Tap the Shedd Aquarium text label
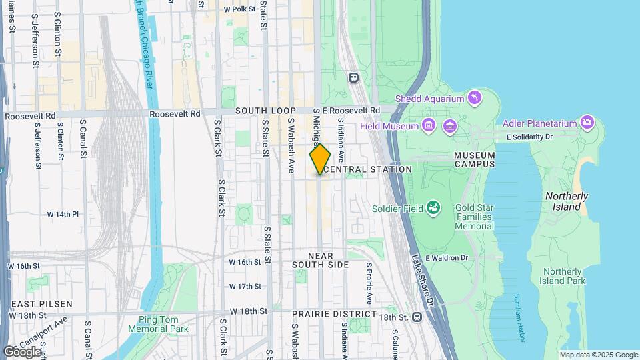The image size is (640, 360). [x=429, y=99]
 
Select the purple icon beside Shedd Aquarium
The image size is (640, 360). [x=474, y=98]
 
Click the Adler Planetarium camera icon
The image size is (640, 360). [x=587, y=121]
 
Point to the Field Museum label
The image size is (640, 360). [x=389, y=125]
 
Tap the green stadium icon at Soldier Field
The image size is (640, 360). [x=434, y=208]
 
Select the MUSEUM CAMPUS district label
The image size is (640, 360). [x=475, y=159]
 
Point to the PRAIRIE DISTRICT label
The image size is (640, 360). [x=333, y=313]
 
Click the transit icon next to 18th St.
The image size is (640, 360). [x=417, y=317]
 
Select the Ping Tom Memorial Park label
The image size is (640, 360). [x=163, y=324]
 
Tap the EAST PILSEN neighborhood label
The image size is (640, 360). [x=41, y=304]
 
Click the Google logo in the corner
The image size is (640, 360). [x=21, y=351]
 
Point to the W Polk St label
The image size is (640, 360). [x=239, y=9]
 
